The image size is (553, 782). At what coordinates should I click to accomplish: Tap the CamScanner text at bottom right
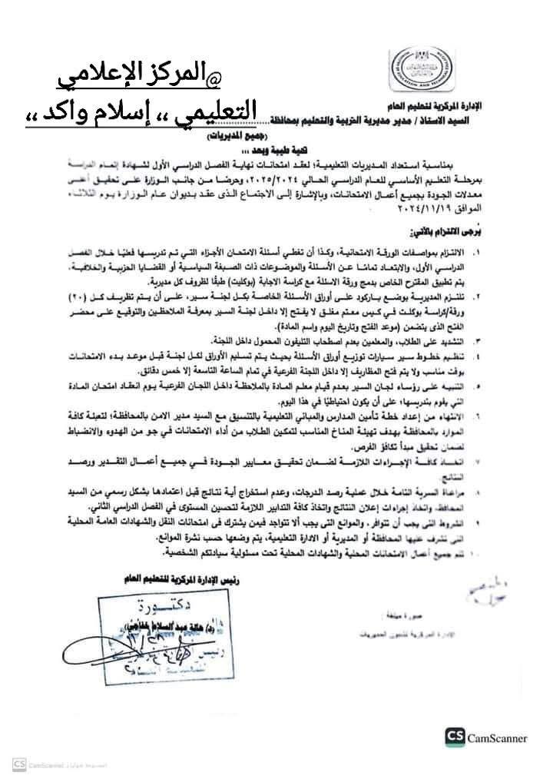click(498, 738)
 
